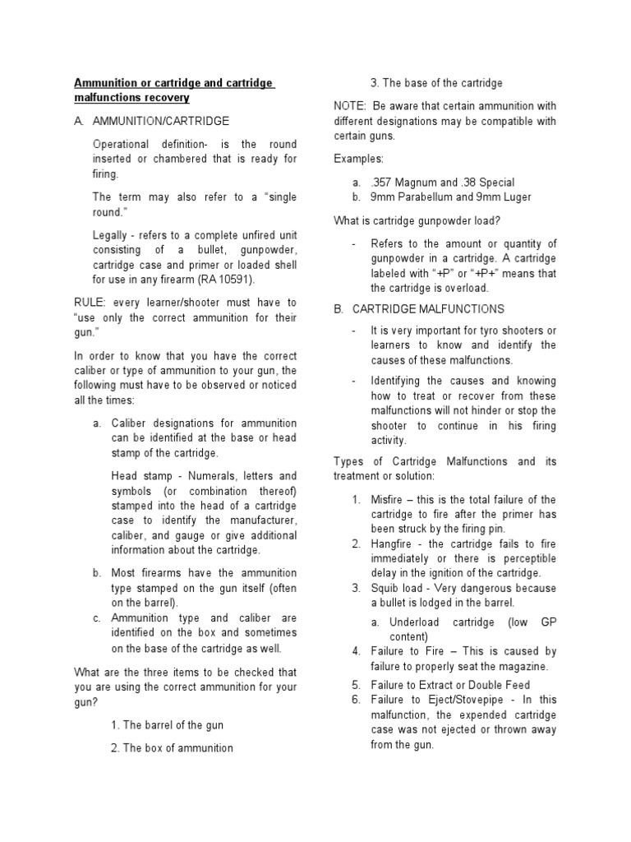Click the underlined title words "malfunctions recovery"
(x=131, y=98)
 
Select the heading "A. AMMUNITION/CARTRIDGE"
(x=151, y=121)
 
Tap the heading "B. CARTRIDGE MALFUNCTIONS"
(x=420, y=308)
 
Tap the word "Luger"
(x=514, y=197)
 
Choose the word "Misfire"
(x=387, y=500)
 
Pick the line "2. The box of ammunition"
(x=171, y=747)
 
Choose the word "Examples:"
(x=358, y=159)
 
